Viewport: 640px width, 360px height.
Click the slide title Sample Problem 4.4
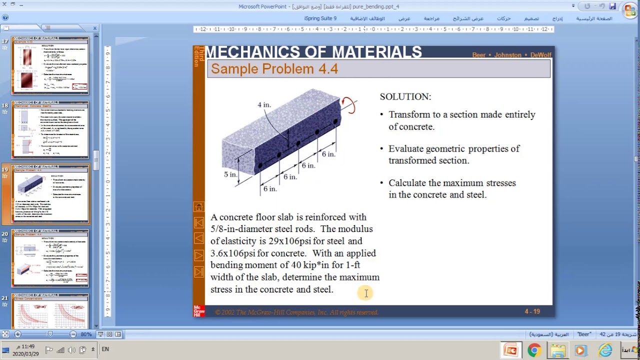point(274,69)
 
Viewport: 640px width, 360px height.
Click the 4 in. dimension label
point(264,105)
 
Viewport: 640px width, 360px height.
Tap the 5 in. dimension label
point(230,174)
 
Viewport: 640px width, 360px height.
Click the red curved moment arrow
point(348,105)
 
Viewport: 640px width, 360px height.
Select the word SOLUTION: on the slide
point(405,96)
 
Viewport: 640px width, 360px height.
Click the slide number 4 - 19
point(532,311)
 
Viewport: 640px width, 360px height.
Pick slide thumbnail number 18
point(50,130)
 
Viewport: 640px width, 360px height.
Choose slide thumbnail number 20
point(50,258)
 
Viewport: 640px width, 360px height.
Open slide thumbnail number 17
point(50,65)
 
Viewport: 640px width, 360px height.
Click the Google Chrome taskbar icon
point(534,350)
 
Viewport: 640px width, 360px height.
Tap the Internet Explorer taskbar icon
point(605,350)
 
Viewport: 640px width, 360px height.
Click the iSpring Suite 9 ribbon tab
point(320,18)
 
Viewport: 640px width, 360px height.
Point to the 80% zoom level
point(85,334)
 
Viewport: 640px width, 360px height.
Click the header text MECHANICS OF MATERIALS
point(313,52)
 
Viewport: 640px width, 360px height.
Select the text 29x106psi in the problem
point(289,241)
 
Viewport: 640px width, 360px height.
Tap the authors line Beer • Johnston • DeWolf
point(511,55)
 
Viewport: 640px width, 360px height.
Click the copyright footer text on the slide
point(296,312)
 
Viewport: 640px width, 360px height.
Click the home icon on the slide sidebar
point(198,207)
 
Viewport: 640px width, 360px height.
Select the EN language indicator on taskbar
point(105,349)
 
